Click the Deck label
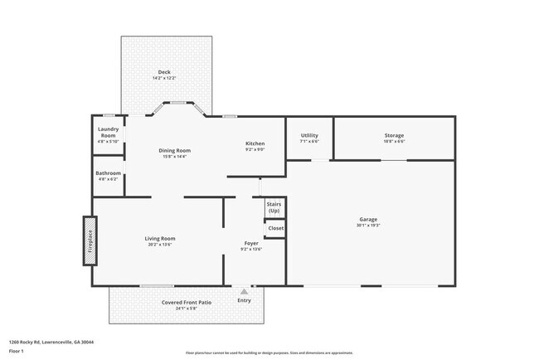[164, 72]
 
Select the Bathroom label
[109, 173]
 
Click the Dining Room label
[175, 150]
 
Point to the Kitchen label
[255, 144]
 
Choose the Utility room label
[309, 135]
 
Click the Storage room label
[394, 135]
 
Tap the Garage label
[368, 219]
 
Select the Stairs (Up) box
[274, 207]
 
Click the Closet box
[275, 228]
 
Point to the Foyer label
[250, 243]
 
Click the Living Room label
[161, 238]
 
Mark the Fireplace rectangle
[89, 241]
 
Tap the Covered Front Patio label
[186, 302]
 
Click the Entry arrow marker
[243, 291]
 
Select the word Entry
[244, 300]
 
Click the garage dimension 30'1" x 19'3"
[368, 225]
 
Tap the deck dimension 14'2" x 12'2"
[164, 78]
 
